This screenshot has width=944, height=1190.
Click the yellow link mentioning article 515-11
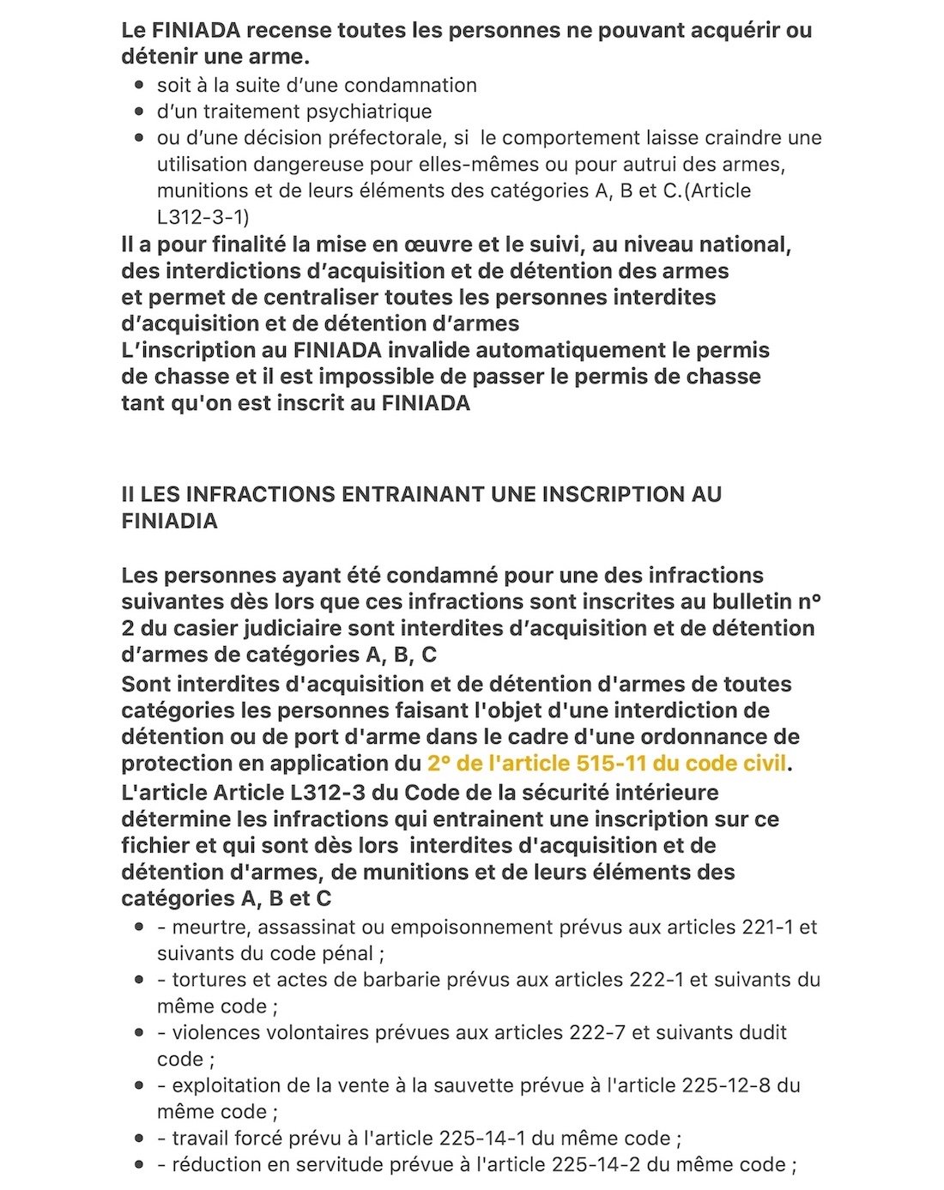[607, 763]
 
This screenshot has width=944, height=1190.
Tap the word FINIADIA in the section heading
[169, 521]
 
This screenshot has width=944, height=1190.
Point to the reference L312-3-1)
[203, 217]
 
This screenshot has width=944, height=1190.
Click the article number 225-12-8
[726, 1085]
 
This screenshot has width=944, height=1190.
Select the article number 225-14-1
[482, 1139]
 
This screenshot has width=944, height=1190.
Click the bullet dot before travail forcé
[139, 1139]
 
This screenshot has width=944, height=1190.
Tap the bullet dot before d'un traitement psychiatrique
[139, 112]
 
